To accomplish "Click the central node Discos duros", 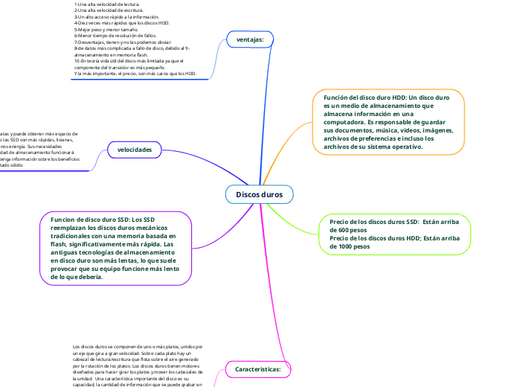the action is click(x=260, y=194).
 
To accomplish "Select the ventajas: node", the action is click(x=249, y=39).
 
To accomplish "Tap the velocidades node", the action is click(x=134, y=150).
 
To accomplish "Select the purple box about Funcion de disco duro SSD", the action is click(x=116, y=248).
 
